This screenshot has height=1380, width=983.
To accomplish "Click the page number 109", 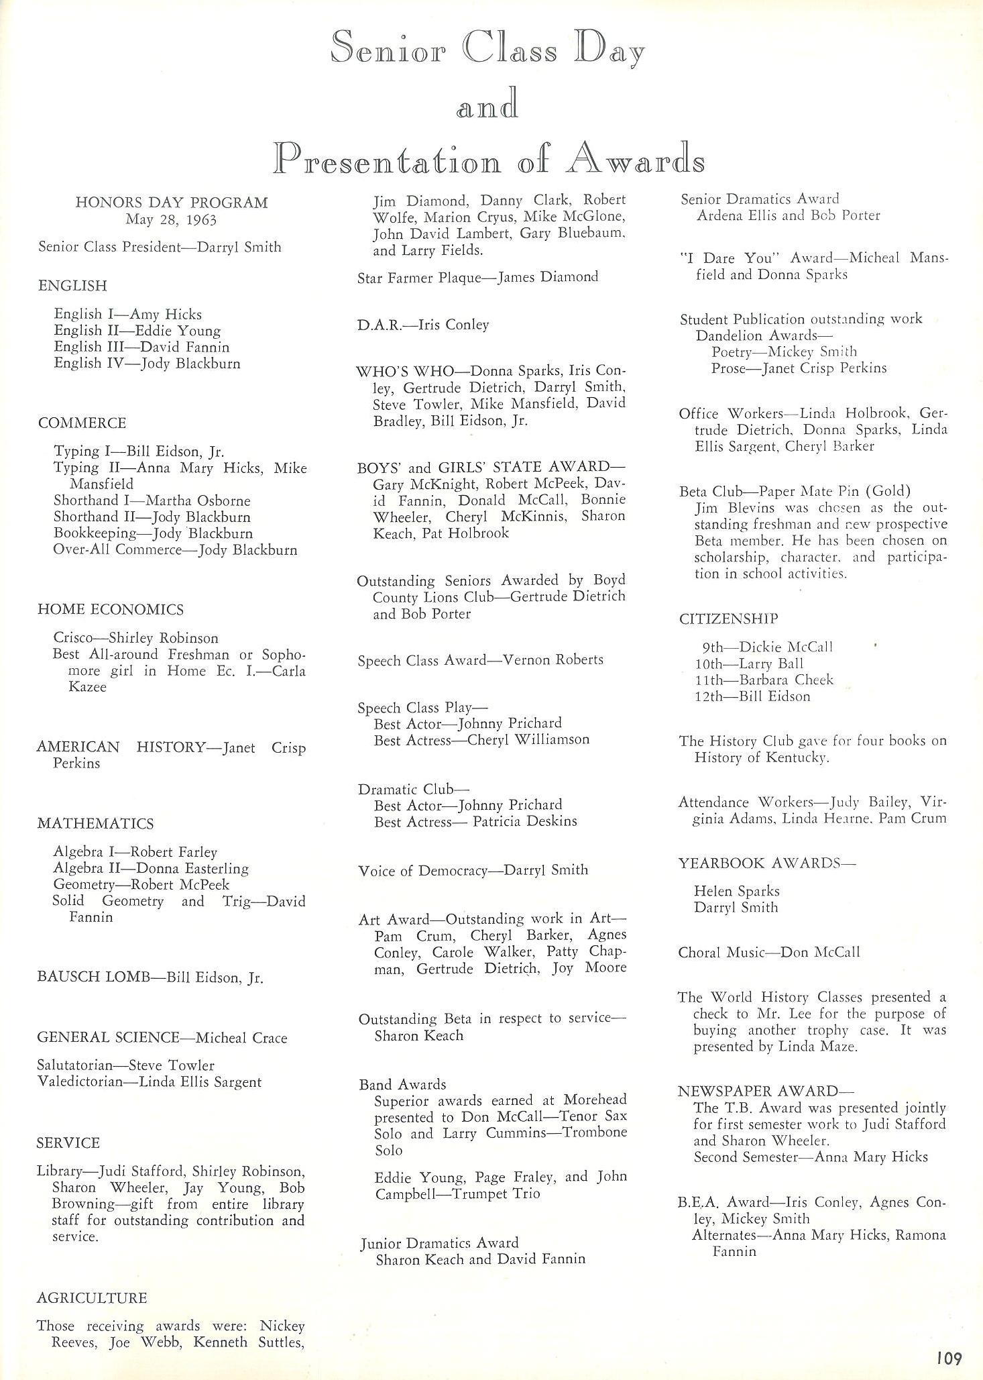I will [949, 1359].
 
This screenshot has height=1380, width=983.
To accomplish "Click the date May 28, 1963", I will [171, 219].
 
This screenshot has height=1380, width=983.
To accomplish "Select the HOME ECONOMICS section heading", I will [111, 609].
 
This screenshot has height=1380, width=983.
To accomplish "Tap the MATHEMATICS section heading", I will [95, 823].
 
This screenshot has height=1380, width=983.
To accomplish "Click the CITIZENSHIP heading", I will [729, 618].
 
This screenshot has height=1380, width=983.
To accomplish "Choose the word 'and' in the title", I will [487, 106].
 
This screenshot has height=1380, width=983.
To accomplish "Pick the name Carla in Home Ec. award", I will [289, 670].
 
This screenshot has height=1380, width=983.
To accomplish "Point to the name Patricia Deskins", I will [524, 820].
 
